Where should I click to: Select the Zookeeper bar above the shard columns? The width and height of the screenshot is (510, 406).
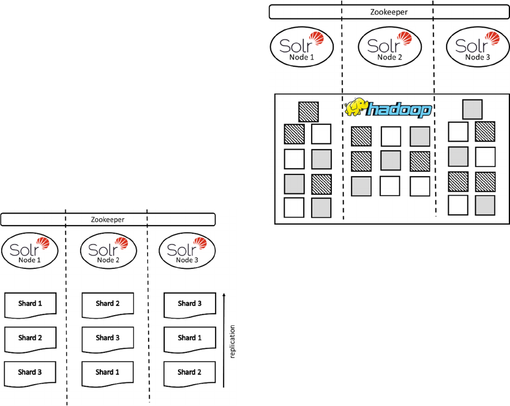coord(108,219)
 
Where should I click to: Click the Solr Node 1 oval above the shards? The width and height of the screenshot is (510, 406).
coord(30,251)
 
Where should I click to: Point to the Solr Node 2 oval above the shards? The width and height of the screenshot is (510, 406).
coord(108,251)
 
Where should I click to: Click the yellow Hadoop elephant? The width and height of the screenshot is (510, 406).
coord(357,108)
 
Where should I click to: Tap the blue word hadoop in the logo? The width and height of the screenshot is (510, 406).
coord(401,109)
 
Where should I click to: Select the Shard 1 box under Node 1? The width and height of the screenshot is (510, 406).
coord(30,304)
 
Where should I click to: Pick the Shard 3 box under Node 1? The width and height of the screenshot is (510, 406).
coord(30,373)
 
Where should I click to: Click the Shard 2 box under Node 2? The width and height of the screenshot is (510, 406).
coord(108,304)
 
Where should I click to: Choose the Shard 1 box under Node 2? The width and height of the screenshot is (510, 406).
coord(108,373)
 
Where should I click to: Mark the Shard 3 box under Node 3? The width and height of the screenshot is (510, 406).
coord(190,304)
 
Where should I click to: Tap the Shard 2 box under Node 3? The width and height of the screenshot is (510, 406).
coord(190,373)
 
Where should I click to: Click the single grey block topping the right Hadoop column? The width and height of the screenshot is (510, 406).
coord(473,109)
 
